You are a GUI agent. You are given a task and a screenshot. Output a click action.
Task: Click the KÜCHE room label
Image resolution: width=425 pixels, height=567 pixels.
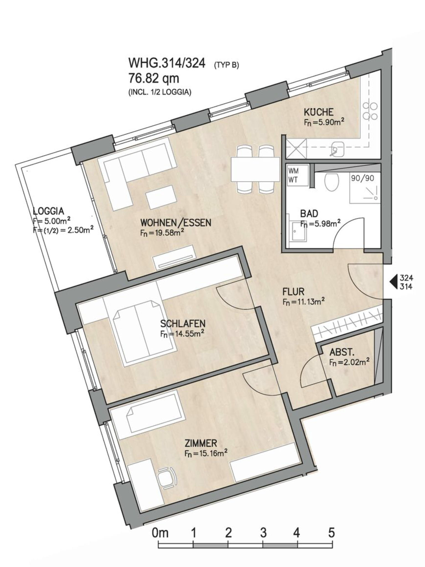point(318,112)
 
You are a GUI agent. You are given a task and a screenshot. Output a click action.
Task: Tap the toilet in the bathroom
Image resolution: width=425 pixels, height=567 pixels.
point(332,182)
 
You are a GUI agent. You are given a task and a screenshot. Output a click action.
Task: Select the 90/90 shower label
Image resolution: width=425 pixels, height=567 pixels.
point(362,178)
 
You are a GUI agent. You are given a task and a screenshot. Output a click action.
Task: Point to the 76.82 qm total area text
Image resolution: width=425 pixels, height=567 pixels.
point(154,78)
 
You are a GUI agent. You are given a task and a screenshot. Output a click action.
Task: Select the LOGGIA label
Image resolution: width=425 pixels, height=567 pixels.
point(48,211)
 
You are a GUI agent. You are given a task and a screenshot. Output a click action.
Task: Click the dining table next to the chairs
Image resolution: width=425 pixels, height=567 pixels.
point(255,169)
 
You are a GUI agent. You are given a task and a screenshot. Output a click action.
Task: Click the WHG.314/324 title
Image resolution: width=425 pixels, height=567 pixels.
point(167,63)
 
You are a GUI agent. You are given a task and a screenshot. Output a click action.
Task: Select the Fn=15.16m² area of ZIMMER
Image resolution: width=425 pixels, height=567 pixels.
point(206,453)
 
